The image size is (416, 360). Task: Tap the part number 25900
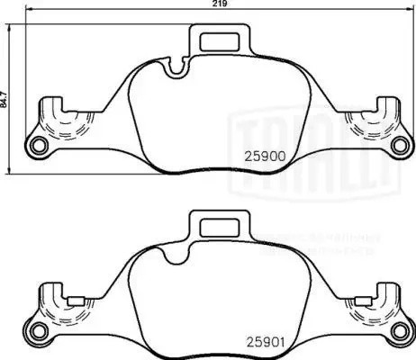[x=265, y=155]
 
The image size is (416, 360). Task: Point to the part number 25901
[x=265, y=341]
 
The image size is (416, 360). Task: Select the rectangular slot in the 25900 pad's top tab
[x=221, y=40]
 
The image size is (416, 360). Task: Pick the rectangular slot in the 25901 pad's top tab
[x=221, y=228]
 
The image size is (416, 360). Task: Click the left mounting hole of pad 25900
[x=38, y=148]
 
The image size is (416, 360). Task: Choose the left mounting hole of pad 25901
[x=38, y=334]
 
